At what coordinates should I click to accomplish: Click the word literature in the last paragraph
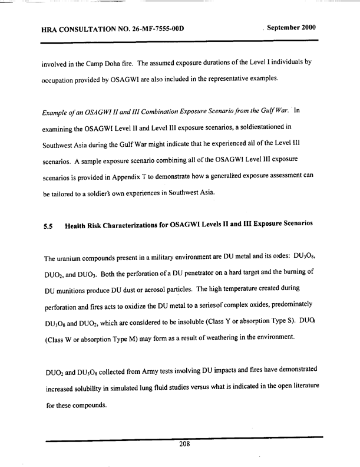click(302, 384)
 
